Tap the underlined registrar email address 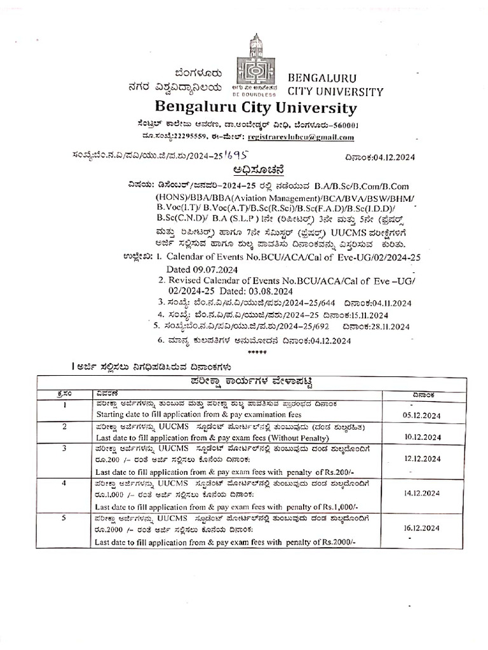click(x=302, y=137)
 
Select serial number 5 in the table click(x=65, y=518)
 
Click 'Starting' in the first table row click(x=111, y=415)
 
